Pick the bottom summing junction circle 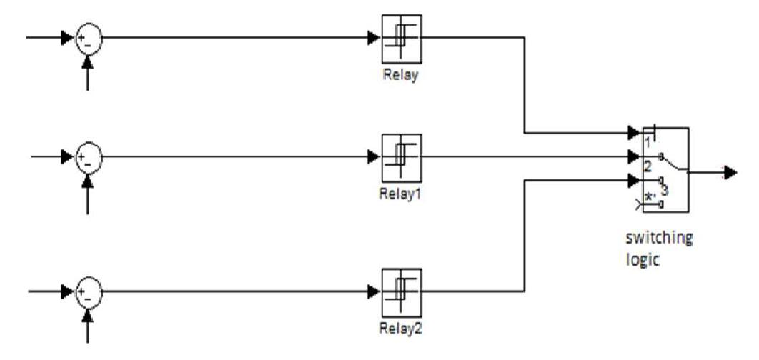(89, 291)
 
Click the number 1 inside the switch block (647, 142)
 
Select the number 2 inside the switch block (647, 166)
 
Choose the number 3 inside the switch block (664, 190)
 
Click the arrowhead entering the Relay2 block (373, 291)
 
